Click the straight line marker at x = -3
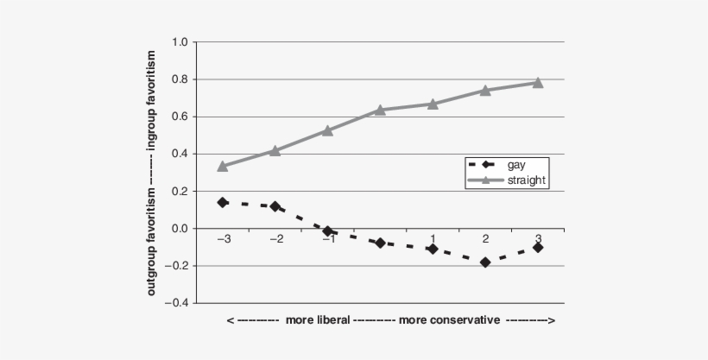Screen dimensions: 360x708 (223, 166)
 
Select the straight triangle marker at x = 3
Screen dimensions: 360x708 (537, 83)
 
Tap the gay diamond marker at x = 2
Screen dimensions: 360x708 (485, 262)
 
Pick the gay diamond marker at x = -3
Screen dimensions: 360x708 (223, 202)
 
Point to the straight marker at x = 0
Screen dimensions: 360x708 (380, 110)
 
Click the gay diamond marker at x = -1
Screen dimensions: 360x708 (328, 231)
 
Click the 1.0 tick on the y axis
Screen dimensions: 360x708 (180, 42)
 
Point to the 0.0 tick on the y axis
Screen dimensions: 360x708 (180, 229)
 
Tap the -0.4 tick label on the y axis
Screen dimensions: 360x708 (177, 303)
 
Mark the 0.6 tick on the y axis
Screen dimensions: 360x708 (180, 117)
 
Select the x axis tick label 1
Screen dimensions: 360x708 (433, 239)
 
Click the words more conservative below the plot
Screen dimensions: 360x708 (448, 321)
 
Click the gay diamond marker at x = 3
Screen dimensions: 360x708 (537, 247)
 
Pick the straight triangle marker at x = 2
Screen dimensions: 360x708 (485, 90)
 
